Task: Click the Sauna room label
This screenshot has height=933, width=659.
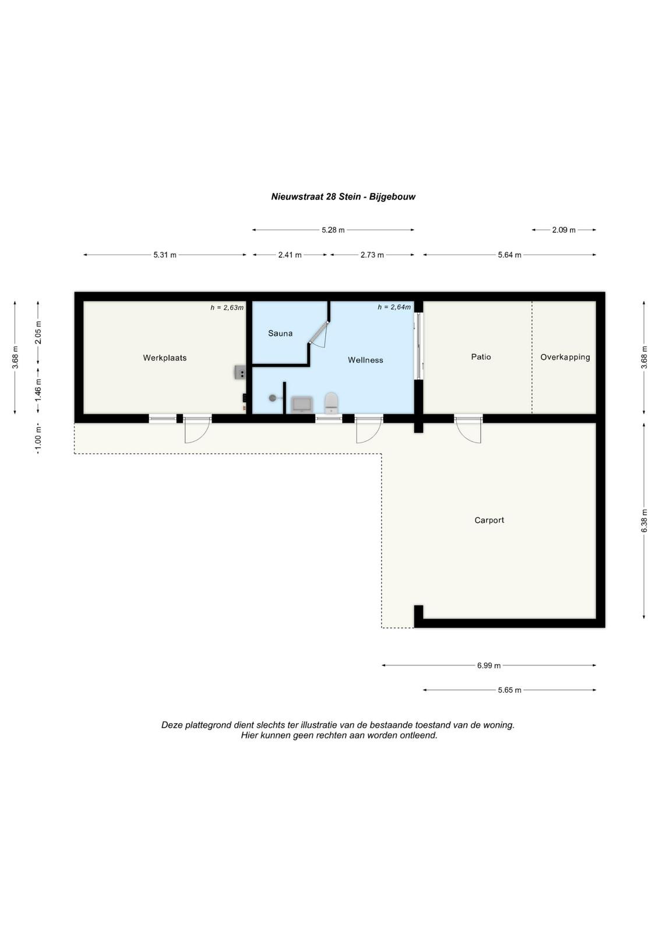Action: coord(280,333)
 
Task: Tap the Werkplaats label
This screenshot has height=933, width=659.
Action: coord(164,358)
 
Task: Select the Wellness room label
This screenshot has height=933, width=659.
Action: coord(365,360)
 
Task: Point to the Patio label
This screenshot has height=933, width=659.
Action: coord(481,357)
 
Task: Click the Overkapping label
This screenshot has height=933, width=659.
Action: coord(565,357)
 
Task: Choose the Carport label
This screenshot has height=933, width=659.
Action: coord(489,520)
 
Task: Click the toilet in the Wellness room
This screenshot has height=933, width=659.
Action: coord(331,402)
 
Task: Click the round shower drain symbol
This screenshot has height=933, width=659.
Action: coord(272,398)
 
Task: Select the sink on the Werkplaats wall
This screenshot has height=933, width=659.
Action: coord(239,372)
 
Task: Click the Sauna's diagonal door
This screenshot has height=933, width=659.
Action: coord(318,332)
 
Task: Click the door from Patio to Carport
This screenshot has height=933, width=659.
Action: coord(468,429)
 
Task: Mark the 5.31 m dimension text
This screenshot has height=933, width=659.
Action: coord(165,255)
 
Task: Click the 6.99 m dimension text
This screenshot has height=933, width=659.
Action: coord(489,665)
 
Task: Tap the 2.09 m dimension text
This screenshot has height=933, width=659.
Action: coord(563,230)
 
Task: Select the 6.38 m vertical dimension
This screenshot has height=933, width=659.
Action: coord(644,521)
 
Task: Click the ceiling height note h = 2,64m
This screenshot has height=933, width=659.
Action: coord(394,307)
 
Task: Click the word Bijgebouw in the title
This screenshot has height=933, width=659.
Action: coord(392,197)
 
